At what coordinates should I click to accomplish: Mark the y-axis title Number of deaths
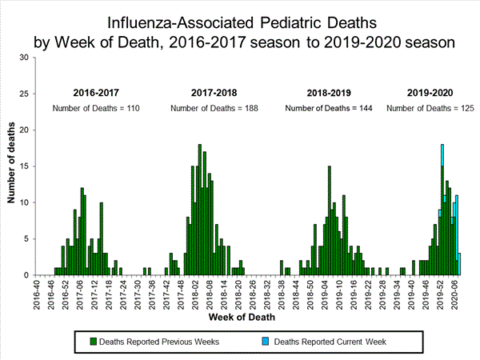pyautogui.click(x=12, y=166)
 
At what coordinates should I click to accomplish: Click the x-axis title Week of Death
pyautogui.click(x=240, y=316)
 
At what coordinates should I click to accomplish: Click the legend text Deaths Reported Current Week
pyautogui.click(x=330, y=342)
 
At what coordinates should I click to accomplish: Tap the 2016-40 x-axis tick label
pyautogui.click(x=35, y=293)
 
